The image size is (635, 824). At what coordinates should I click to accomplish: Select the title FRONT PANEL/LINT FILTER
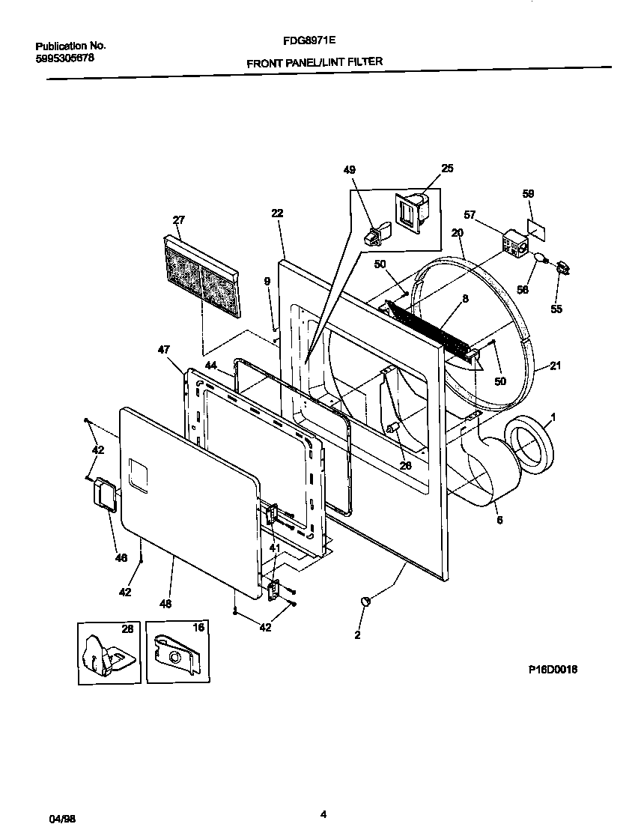(315, 63)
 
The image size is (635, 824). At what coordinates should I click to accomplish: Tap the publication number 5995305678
(64, 58)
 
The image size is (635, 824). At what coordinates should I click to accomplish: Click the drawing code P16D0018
(553, 670)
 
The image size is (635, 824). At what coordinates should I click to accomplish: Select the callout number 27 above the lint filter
(178, 219)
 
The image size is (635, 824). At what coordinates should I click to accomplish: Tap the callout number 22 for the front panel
(277, 213)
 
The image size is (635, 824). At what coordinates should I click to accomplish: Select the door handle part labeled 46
(105, 496)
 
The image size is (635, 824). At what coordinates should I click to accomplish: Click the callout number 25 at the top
(447, 169)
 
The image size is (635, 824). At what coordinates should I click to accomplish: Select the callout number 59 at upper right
(528, 194)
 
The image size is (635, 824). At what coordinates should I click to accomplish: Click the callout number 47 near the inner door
(163, 349)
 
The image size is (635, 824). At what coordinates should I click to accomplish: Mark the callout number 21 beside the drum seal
(555, 366)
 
